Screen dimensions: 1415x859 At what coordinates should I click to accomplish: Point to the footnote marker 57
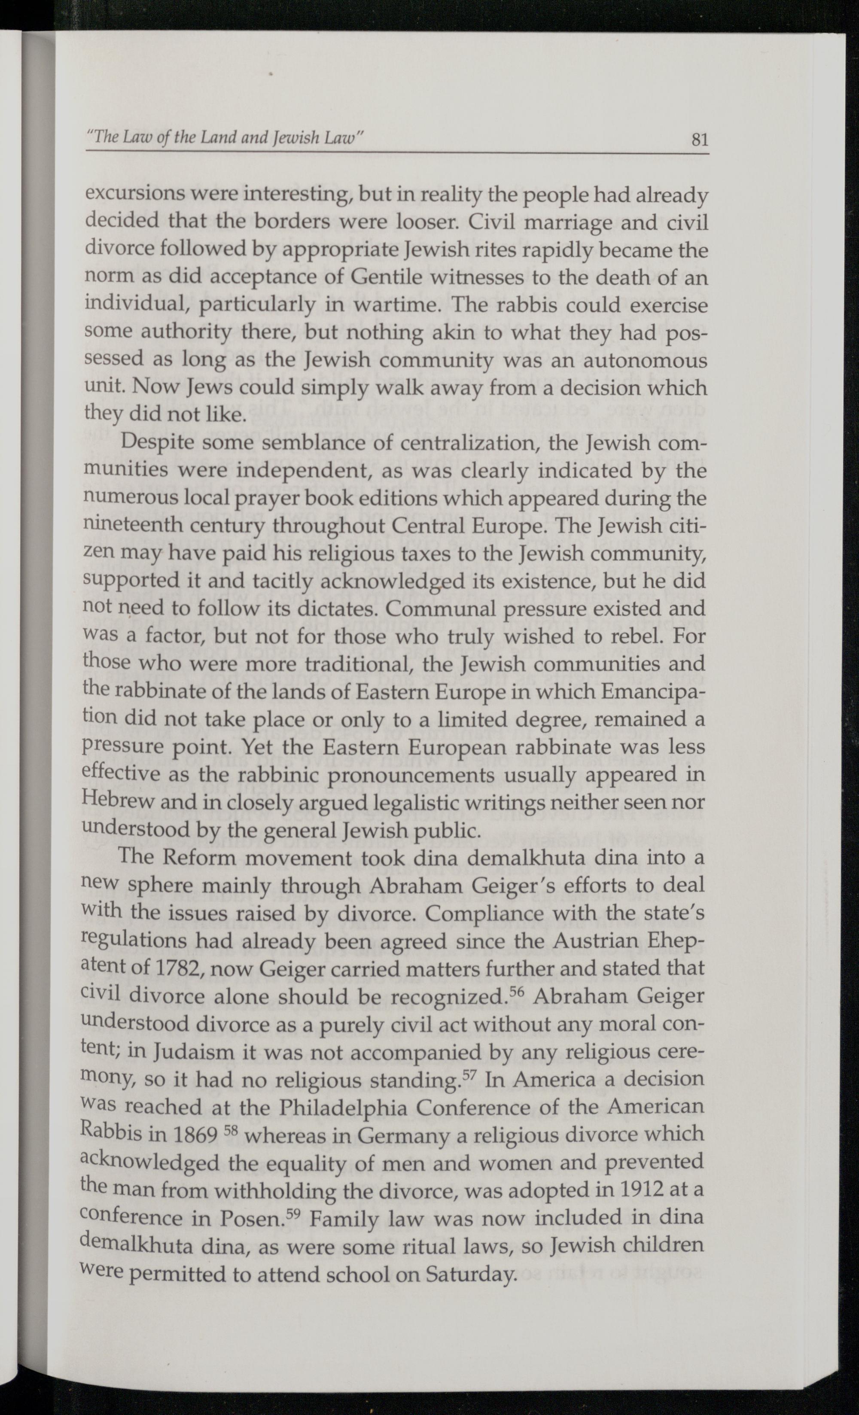(x=469, y=1073)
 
